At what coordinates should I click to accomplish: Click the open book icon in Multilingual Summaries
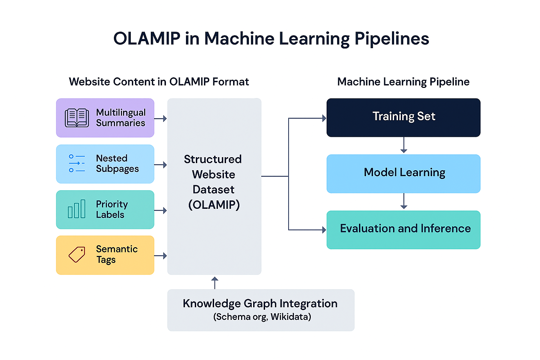click(77, 118)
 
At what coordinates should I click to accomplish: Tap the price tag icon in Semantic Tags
click(77, 255)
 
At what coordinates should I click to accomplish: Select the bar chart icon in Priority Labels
click(77, 209)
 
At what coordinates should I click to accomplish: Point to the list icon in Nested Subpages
click(77, 163)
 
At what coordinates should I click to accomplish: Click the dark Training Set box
click(403, 117)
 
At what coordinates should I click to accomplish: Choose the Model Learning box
click(403, 174)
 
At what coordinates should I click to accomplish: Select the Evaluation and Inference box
click(403, 230)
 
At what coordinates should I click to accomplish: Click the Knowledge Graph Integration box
click(261, 310)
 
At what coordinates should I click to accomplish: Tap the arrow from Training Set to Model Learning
click(404, 145)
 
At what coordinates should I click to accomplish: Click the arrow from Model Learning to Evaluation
click(404, 201)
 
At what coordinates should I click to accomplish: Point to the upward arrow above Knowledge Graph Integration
click(215, 282)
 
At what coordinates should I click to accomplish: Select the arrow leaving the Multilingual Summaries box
click(161, 119)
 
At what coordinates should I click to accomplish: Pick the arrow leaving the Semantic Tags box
click(161, 256)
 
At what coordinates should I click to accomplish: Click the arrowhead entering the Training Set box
click(324, 118)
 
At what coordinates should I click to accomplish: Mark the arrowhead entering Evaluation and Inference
click(324, 230)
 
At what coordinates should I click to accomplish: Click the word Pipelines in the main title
click(392, 39)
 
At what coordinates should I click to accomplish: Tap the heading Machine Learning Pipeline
click(403, 82)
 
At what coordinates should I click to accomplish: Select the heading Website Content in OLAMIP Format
click(159, 82)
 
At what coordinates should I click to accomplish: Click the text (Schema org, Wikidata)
click(262, 317)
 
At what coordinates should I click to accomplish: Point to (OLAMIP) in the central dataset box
click(214, 205)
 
